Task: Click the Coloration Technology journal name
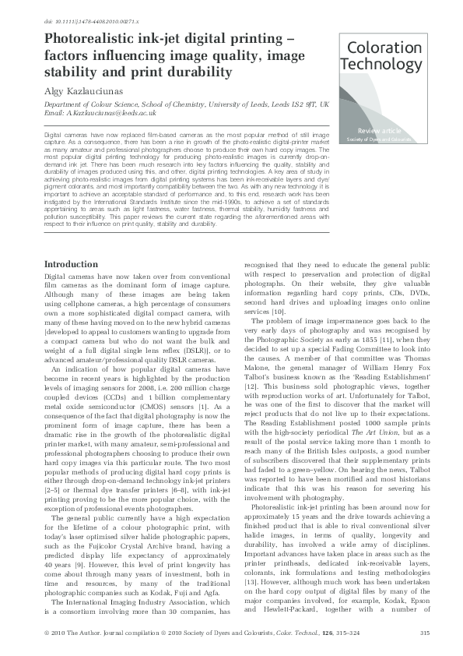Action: click(x=383, y=55)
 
